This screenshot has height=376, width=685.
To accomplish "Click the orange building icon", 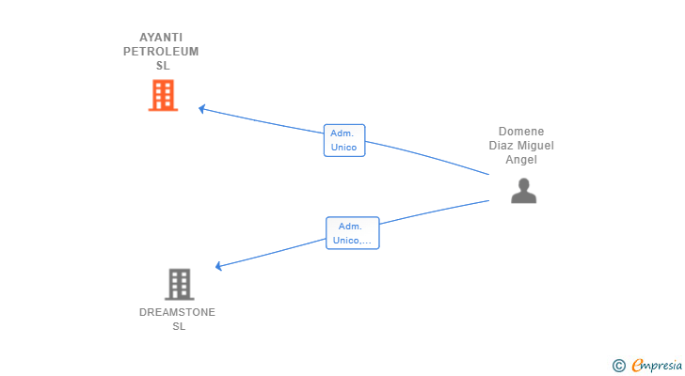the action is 163,95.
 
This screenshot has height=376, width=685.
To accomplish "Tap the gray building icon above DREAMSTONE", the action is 179,285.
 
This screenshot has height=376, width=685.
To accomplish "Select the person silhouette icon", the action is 523,191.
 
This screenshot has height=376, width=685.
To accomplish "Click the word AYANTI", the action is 161,38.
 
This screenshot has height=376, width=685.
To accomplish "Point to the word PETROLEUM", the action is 161,52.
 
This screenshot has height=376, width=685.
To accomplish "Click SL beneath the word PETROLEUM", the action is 163,66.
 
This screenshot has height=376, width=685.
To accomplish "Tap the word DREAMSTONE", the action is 177,312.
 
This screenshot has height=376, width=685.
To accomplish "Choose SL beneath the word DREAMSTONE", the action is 179,326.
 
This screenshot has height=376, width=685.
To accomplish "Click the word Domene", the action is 521,132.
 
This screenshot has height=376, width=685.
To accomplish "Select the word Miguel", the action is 534,146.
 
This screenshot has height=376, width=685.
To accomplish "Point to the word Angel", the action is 521,160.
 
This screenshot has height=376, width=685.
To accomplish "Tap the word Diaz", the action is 500,146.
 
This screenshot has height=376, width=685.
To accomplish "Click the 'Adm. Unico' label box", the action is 344,140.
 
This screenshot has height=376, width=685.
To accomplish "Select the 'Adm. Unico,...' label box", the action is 353,233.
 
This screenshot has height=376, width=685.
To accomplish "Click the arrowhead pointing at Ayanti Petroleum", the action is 201,109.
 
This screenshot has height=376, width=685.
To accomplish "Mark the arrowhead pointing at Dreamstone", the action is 218,266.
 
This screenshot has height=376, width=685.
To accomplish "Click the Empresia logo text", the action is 657,366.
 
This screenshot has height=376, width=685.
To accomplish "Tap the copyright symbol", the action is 618,366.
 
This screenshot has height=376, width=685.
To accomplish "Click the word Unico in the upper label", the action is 343,148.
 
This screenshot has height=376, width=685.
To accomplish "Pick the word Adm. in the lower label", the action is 350,227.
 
